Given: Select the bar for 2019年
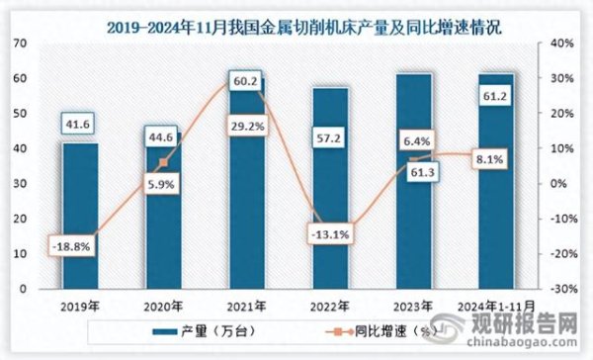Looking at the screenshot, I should [80, 218].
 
